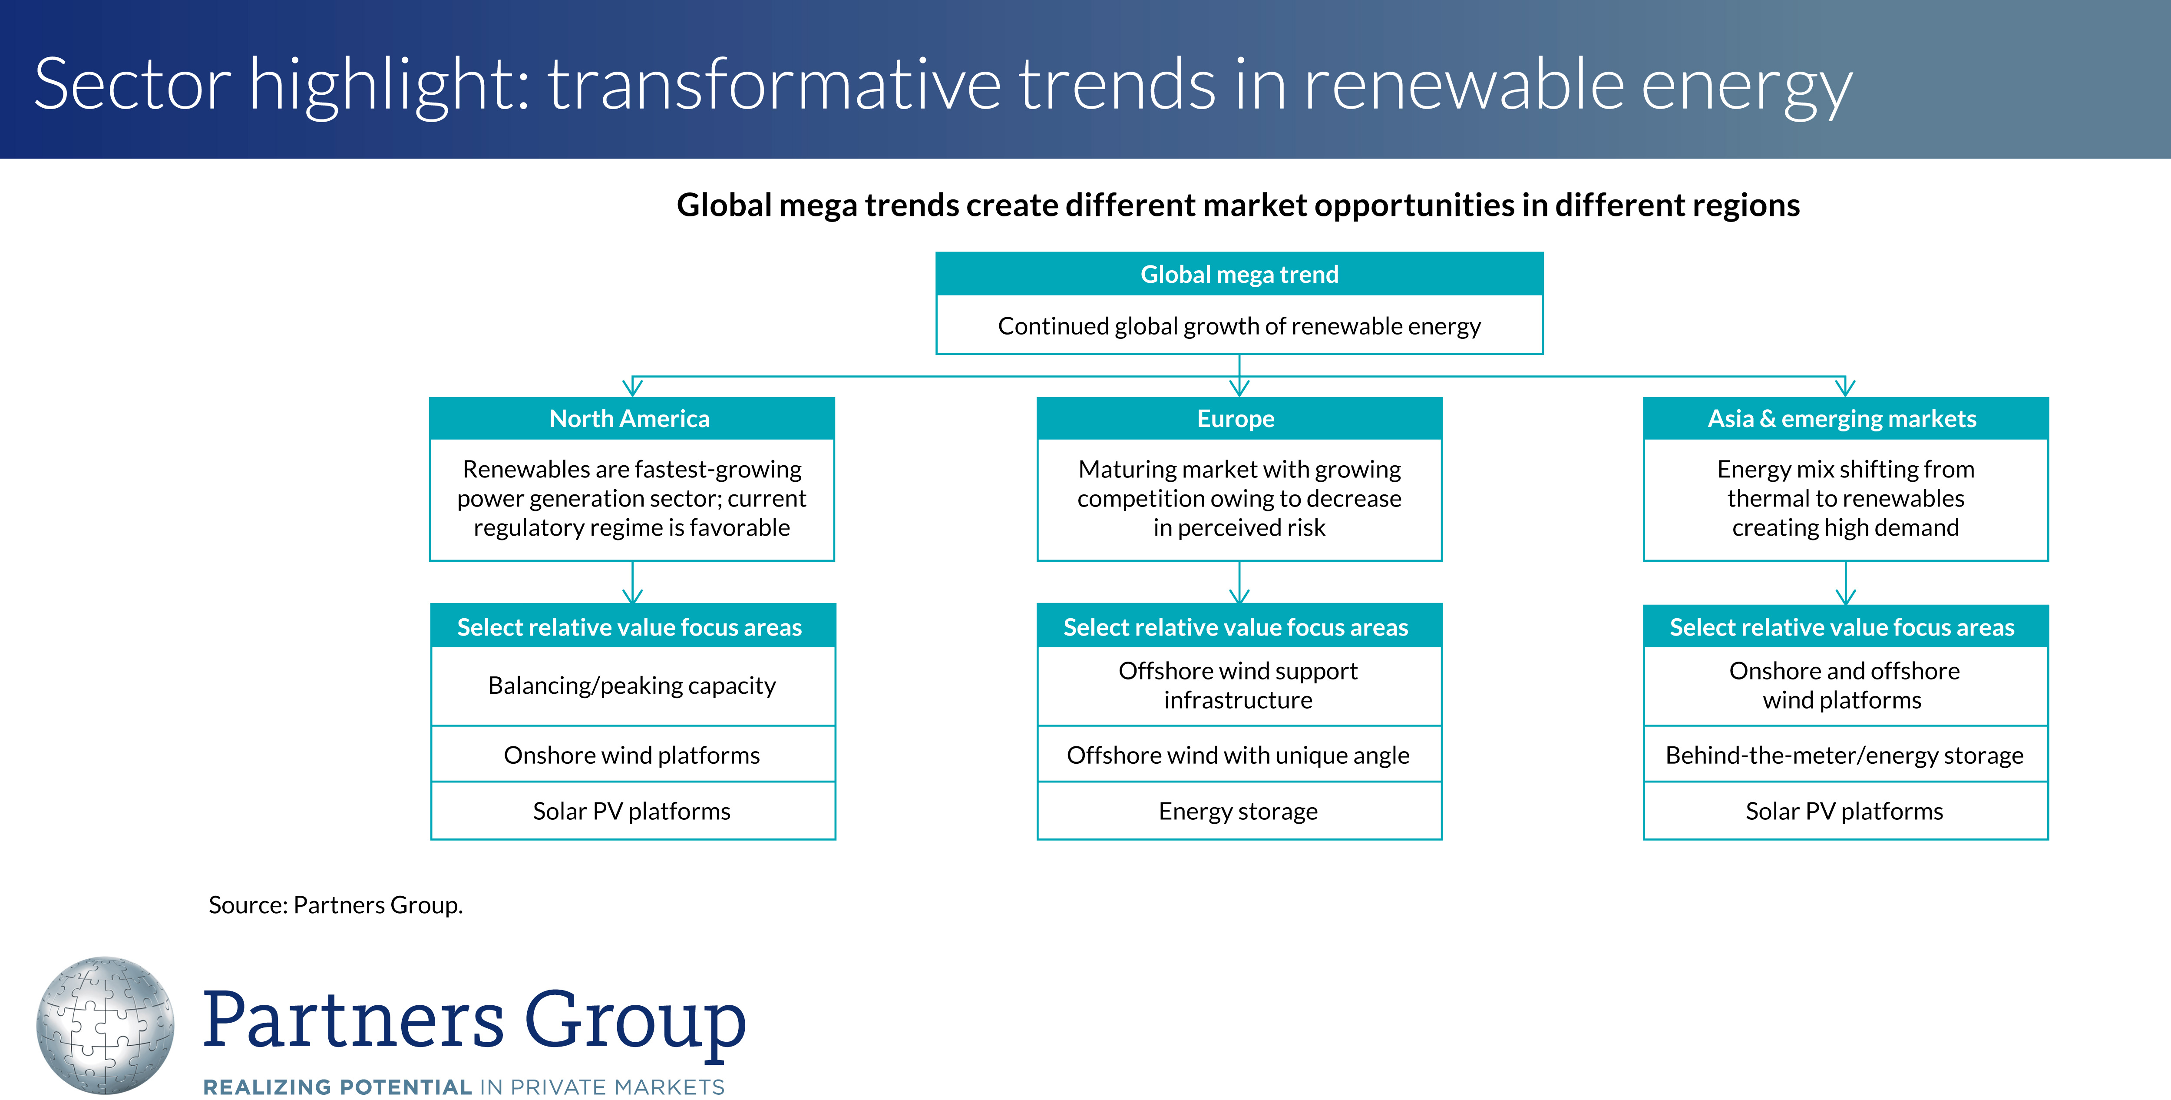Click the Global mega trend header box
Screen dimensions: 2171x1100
tap(1239, 274)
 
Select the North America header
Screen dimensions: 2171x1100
tap(632, 418)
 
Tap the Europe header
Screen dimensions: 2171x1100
tap(1239, 418)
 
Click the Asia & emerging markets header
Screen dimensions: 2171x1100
tap(1846, 418)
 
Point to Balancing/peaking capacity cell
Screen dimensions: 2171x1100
tap(632, 685)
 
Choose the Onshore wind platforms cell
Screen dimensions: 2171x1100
tap(632, 755)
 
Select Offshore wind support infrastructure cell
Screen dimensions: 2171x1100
tap(1239, 685)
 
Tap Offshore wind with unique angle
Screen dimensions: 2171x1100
tap(1239, 755)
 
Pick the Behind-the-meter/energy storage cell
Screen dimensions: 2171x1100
tap(1846, 755)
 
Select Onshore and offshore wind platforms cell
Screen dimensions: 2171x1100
tap(1846, 685)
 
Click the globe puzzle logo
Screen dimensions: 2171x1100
tap(106, 1025)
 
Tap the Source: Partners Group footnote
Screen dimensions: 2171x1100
tap(335, 905)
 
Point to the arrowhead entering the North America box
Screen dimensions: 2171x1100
tap(632, 388)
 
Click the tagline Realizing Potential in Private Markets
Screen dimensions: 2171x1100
tap(463, 1087)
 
